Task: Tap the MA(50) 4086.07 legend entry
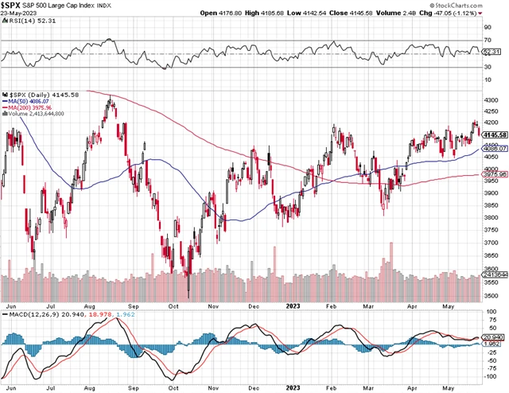[32, 101]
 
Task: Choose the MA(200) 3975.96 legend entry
[33, 107]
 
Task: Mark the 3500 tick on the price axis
[492, 295]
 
